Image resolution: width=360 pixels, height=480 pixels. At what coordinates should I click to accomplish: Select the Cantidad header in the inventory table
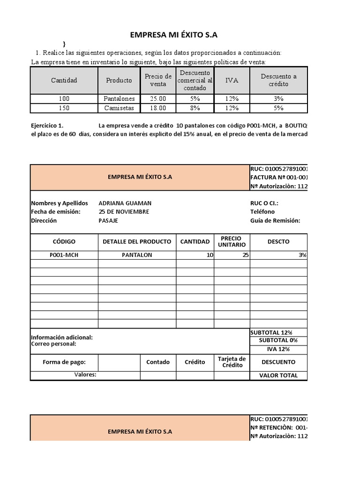[64, 80]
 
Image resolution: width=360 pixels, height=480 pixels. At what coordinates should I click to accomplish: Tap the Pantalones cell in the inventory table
[119, 98]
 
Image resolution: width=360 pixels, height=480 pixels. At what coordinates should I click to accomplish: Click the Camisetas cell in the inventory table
[119, 108]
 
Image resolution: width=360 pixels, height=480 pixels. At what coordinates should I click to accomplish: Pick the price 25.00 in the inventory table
[158, 98]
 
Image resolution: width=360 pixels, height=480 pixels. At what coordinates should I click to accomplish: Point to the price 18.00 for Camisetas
[158, 108]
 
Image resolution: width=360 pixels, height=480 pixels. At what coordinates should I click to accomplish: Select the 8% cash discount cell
[195, 108]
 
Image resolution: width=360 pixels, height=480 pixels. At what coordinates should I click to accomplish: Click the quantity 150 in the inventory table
[64, 108]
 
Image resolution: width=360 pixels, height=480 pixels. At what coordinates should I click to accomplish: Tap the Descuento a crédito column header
[278, 80]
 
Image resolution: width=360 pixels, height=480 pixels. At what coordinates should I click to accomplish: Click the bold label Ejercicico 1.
[46, 126]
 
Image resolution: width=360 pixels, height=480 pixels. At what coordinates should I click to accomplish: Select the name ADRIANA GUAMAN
[125, 203]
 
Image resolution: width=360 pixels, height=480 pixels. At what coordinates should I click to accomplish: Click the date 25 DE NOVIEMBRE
[124, 211]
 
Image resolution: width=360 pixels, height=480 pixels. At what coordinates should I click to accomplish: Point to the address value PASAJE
[108, 220]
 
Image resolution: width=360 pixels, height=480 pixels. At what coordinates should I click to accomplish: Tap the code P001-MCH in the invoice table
[64, 255]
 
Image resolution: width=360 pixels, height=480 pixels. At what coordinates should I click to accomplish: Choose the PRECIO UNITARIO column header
[232, 241]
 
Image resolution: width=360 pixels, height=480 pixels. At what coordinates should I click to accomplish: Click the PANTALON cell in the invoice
[137, 255]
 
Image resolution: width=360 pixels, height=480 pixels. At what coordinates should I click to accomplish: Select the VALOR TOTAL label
[278, 375]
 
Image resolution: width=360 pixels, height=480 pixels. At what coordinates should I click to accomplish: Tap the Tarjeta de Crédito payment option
[232, 361]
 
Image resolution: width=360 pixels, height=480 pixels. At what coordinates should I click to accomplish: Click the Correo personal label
[53, 344]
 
